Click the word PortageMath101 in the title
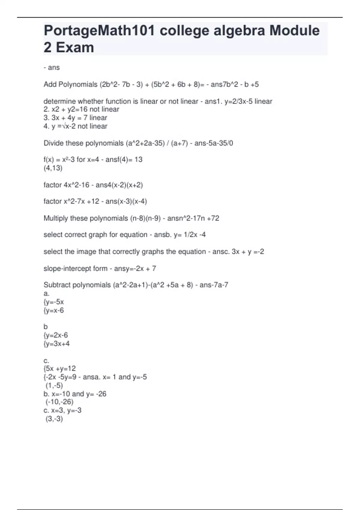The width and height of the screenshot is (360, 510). [x=99, y=31]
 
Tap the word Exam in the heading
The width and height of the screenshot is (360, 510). [x=75, y=47]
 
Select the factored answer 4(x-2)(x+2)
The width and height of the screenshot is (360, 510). [x=124, y=185]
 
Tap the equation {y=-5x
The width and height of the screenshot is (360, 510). [x=54, y=302]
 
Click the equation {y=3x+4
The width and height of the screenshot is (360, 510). [x=57, y=343]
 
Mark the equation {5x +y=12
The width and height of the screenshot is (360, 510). [x=60, y=368]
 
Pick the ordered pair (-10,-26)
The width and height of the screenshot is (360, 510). [x=59, y=402]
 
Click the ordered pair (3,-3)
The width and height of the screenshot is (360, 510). [x=54, y=418]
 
